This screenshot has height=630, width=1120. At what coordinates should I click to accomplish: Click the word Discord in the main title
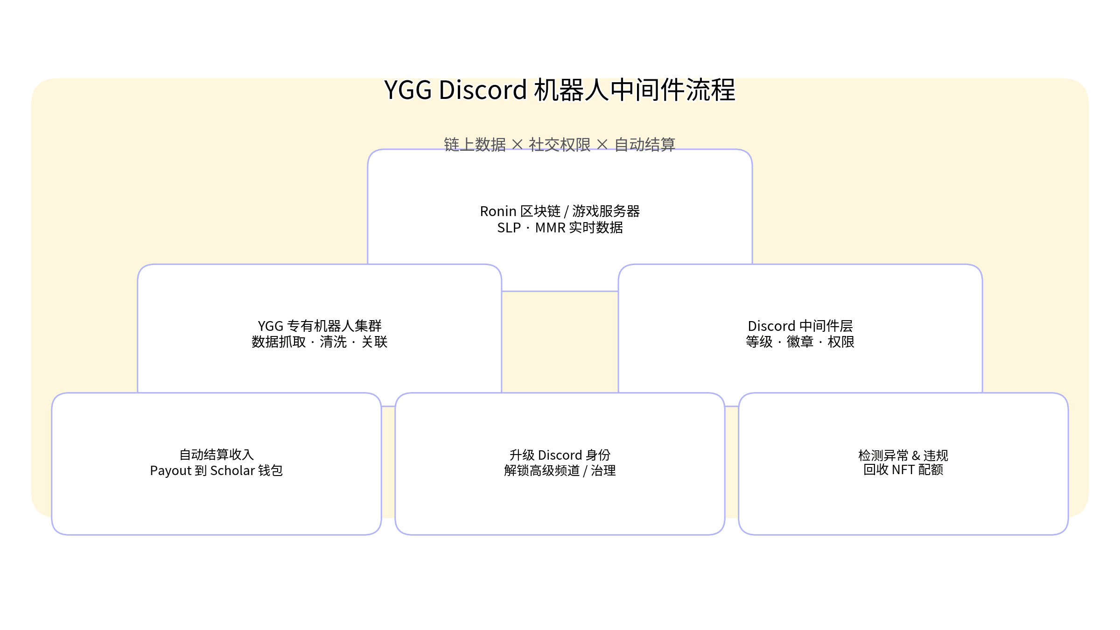point(483,90)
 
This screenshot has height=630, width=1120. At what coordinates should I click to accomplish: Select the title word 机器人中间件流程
point(635,90)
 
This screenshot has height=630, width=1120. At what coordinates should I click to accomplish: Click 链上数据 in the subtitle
point(475,145)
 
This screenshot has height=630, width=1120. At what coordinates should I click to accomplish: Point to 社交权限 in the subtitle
point(560,145)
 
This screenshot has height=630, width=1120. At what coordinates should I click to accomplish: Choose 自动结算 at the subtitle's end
point(645,145)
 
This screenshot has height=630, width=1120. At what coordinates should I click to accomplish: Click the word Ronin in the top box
point(498,211)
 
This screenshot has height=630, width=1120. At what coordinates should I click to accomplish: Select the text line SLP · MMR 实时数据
point(560,228)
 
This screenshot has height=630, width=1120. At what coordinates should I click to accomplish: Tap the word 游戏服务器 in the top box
point(606,211)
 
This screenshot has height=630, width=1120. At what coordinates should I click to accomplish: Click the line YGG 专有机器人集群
point(320,326)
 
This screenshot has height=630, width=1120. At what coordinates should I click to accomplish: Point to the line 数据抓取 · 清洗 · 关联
point(320,342)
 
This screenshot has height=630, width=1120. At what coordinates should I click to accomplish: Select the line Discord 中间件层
point(800,326)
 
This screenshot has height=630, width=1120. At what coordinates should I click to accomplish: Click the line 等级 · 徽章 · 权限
point(800,342)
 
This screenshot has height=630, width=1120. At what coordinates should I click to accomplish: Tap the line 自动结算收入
point(217,455)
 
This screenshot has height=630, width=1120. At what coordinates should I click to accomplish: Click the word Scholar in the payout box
point(232,471)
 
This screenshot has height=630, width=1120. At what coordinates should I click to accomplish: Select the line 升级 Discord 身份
point(560,455)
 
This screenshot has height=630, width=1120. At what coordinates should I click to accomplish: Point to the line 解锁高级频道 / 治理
point(560,471)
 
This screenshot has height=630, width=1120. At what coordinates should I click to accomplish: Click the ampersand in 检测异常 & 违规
point(916,455)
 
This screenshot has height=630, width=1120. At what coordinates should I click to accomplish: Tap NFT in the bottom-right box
point(903,470)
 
